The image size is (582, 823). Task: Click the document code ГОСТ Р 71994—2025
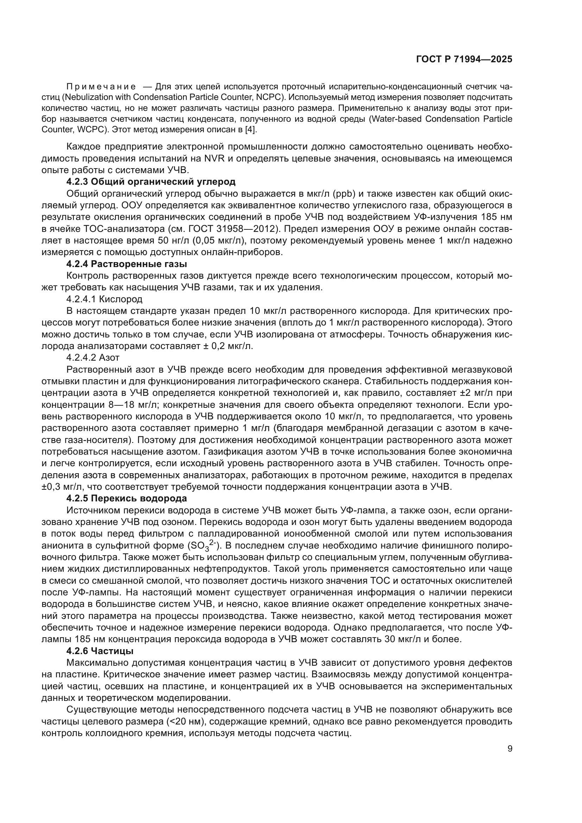[x=464, y=59]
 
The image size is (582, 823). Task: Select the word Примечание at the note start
[x=101, y=87]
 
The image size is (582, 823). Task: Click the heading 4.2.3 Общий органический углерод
[x=151, y=182]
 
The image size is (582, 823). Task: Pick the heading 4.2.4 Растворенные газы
[x=127, y=264]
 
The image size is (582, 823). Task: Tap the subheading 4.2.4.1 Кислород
[x=104, y=299]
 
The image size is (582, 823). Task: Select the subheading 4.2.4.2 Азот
[x=93, y=358]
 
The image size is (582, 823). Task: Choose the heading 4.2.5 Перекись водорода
[x=127, y=499]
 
